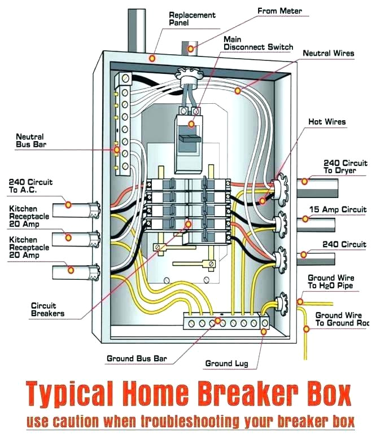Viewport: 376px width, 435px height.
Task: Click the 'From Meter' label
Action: pyautogui.click(x=279, y=11)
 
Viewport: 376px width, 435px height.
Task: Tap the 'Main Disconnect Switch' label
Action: pyautogui.click(x=250, y=43)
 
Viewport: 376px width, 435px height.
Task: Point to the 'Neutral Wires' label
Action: pyautogui.click(x=329, y=54)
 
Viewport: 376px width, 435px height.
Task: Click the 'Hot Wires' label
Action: pyautogui.click(x=327, y=122)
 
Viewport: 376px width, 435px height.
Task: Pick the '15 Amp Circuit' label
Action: pyautogui.click(x=338, y=209)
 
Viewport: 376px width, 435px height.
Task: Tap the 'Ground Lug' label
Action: pyautogui.click(x=226, y=363)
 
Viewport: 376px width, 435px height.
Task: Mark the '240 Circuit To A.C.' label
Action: pyautogui.click(x=30, y=186)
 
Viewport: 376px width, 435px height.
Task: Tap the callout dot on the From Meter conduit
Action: pyautogui.click(x=191, y=49)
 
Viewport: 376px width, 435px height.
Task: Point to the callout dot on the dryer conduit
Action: pyautogui.click(x=305, y=181)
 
